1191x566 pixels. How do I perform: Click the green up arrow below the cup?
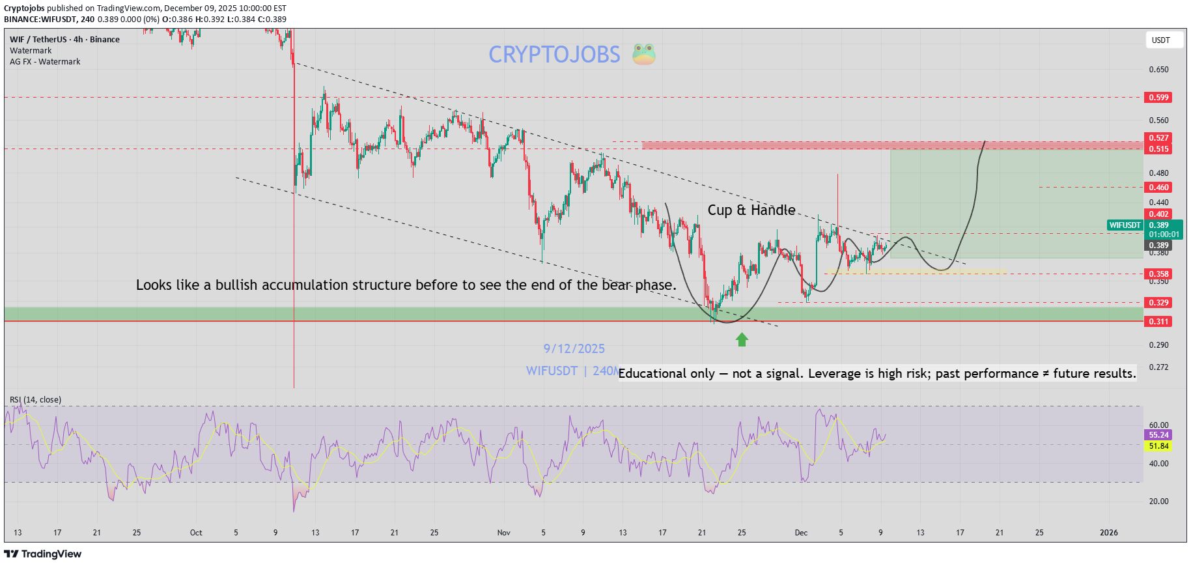742,339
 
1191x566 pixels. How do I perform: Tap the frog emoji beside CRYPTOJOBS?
643,54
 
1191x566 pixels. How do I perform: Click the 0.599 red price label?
1158,98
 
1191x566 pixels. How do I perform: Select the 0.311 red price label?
1158,322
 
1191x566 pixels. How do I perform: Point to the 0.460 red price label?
1158,188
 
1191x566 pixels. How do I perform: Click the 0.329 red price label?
1158,303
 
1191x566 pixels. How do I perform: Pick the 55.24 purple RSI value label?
1158,435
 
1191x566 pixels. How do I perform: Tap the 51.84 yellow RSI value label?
1158,446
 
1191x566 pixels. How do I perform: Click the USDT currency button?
1160,40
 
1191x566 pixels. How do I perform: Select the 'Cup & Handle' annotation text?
751,210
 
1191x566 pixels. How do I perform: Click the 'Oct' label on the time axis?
196,533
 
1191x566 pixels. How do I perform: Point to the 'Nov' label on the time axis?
503,533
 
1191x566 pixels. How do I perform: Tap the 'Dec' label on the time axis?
801,533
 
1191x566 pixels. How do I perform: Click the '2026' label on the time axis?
1108,533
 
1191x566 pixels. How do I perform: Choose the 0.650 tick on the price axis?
1158,70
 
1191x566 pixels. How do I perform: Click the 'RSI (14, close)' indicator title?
35,400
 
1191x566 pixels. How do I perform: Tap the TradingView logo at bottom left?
43,554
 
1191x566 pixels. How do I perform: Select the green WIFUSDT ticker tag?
1125,225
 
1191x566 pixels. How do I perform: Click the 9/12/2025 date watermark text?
574,349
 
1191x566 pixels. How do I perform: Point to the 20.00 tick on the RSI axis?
1158,502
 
